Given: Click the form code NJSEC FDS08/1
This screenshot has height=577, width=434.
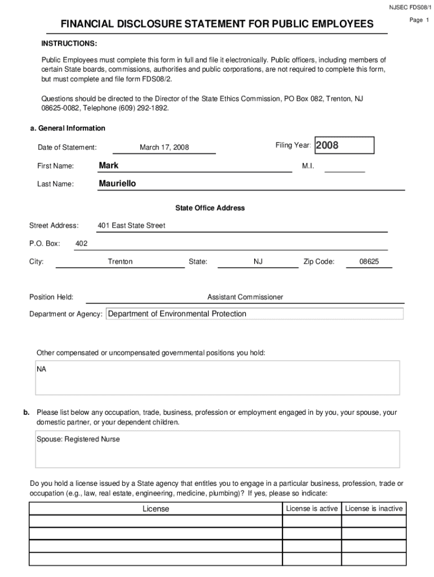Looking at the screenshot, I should (x=409, y=7).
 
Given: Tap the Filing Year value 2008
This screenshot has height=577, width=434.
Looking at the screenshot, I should (x=327, y=145).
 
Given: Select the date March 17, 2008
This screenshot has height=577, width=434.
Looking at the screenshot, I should (x=164, y=148).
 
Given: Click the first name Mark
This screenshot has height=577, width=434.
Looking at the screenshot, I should (x=108, y=165).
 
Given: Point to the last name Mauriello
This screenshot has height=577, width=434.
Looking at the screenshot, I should (x=117, y=184).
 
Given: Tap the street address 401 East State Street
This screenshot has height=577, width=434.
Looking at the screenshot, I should (x=131, y=225).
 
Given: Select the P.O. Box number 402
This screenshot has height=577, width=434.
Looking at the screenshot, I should (x=81, y=243).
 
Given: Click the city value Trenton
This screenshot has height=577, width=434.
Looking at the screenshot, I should (x=120, y=261).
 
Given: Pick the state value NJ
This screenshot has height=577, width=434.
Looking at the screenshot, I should (x=258, y=261).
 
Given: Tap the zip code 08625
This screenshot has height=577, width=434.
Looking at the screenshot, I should (x=369, y=261).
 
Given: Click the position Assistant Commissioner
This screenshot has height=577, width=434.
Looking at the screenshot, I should (x=245, y=297).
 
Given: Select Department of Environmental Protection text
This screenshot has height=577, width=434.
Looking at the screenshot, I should (x=177, y=314).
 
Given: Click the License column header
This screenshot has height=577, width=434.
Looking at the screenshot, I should (x=156, y=509).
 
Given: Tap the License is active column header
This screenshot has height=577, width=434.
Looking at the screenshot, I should (x=312, y=508).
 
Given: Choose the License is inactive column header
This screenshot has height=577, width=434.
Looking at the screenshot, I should (x=374, y=508).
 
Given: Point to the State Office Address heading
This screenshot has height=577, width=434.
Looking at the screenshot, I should (x=210, y=208).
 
